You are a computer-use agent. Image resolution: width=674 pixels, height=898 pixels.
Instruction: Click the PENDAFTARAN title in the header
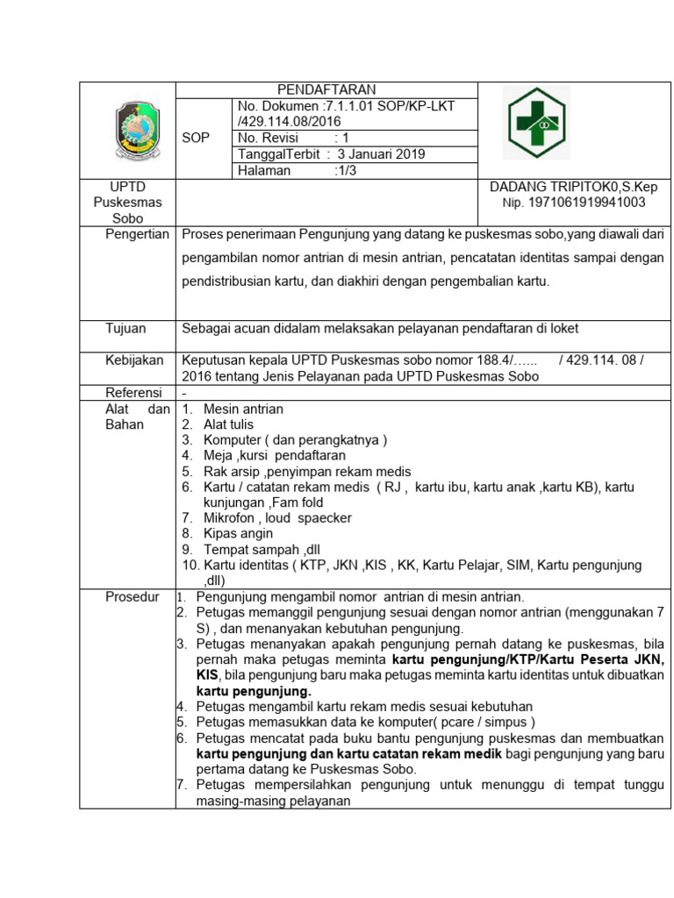tap(326, 89)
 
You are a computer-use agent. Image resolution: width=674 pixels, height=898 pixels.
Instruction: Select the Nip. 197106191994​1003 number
tap(573, 202)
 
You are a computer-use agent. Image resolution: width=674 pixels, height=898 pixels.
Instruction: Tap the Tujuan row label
tap(126, 328)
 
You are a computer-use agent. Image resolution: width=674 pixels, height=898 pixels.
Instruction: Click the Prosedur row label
tap(133, 597)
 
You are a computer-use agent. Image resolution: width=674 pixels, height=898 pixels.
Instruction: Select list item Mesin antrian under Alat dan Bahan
tap(243, 409)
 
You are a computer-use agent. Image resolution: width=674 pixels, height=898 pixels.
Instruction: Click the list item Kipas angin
tap(238, 533)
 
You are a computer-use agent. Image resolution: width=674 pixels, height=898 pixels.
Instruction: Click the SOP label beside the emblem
tap(196, 138)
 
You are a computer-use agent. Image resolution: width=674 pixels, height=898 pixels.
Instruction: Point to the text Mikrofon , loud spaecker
tap(277, 517)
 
